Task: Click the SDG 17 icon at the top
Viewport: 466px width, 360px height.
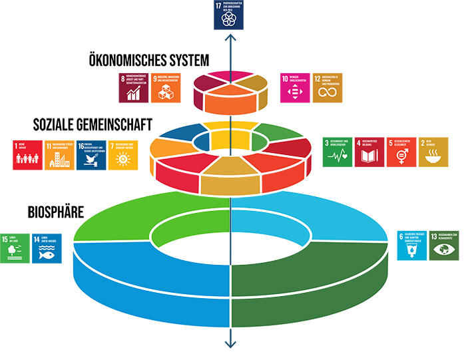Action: click(x=230, y=15)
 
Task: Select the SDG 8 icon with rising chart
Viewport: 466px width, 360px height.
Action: click(x=134, y=88)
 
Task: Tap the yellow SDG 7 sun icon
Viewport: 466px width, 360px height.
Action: click(x=123, y=155)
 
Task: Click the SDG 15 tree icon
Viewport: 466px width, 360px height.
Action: click(x=15, y=248)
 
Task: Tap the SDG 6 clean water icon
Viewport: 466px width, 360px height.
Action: click(x=413, y=244)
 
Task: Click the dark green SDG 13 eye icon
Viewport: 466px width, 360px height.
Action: click(x=444, y=244)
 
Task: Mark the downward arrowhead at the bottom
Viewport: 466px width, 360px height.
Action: click(x=230, y=343)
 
